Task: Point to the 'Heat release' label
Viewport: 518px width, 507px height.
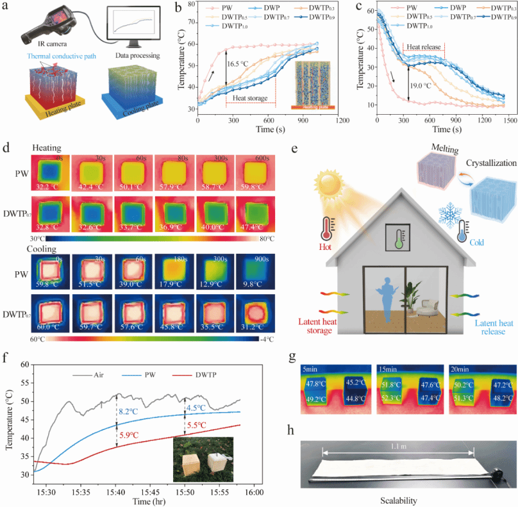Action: pyautogui.click(x=423, y=47)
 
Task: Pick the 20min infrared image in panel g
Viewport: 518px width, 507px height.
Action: pyautogui.click(x=476, y=392)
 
